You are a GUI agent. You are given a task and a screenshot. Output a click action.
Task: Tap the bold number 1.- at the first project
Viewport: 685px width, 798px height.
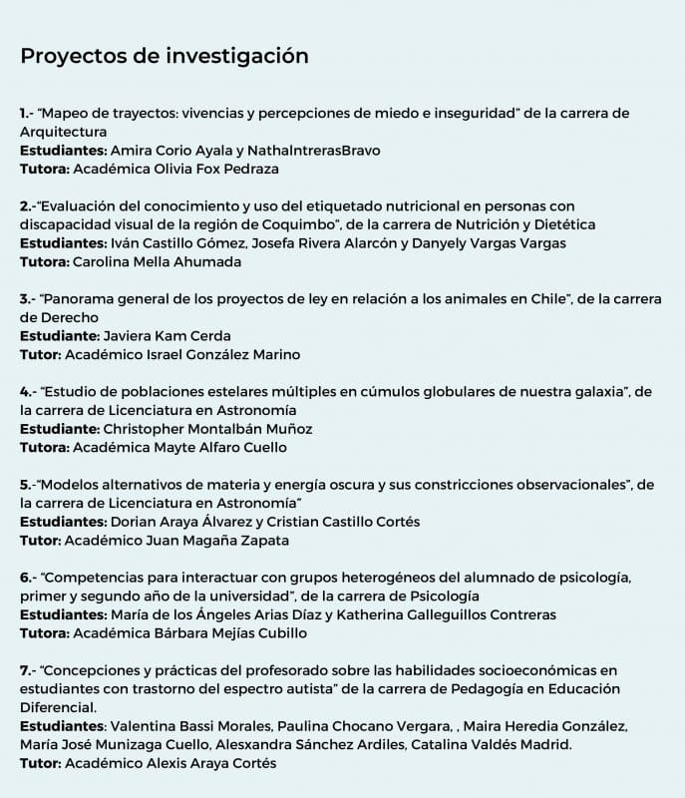click(27, 114)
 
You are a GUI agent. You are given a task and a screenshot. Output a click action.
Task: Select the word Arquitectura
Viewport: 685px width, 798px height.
click(63, 132)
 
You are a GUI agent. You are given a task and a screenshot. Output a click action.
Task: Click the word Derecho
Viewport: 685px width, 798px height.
click(50, 317)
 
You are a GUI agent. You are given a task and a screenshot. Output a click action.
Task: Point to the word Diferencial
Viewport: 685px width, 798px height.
click(61, 707)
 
